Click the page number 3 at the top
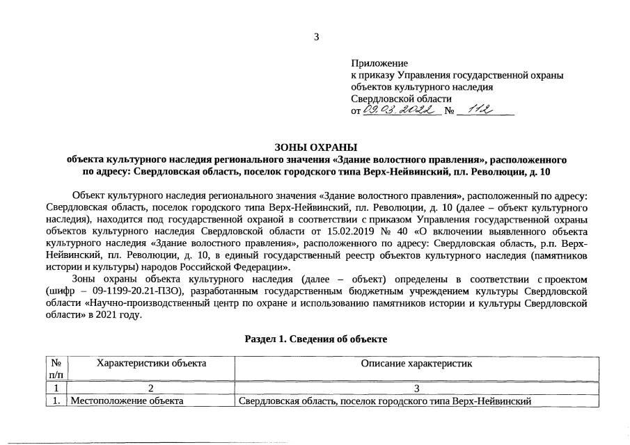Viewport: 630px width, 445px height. tap(316, 37)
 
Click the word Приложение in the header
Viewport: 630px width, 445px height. tap(379, 63)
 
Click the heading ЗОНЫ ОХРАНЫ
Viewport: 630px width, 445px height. tap(315, 147)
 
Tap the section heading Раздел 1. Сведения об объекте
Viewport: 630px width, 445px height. tap(315, 339)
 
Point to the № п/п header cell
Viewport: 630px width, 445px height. tap(56, 369)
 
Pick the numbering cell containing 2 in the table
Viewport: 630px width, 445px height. tap(150, 388)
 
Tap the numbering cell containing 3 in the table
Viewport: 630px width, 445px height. tap(416, 388)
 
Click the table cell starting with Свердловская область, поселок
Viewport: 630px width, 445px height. tap(384, 401)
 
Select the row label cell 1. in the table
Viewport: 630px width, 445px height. tap(56, 401)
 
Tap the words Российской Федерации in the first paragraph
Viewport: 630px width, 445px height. tap(235, 266)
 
